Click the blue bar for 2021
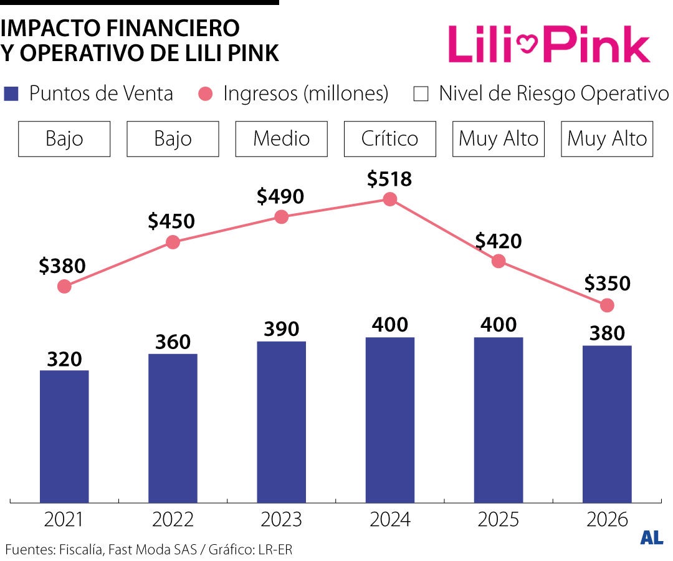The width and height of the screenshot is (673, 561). (x=64, y=436)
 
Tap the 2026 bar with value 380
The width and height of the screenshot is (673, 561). (x=607, y=424)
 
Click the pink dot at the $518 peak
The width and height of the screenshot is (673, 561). (x=390, y=199)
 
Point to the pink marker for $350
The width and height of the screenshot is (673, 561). (x=607, y=305)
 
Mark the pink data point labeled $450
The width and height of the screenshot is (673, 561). (x=173, y=242)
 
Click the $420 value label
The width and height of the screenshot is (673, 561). (x=498, y=241)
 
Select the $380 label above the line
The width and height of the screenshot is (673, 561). (x=62, y=266)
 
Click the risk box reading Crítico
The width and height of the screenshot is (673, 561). (x=390, y=138)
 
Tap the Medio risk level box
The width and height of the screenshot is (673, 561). (x=282, y=138)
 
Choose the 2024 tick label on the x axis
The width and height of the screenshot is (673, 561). (x=390, y=519)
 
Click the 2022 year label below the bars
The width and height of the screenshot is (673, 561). (x=173, y=519)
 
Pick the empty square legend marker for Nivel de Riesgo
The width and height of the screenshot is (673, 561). (x=421, y=95)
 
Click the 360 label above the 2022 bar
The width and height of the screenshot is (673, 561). (x=173, y=342)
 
